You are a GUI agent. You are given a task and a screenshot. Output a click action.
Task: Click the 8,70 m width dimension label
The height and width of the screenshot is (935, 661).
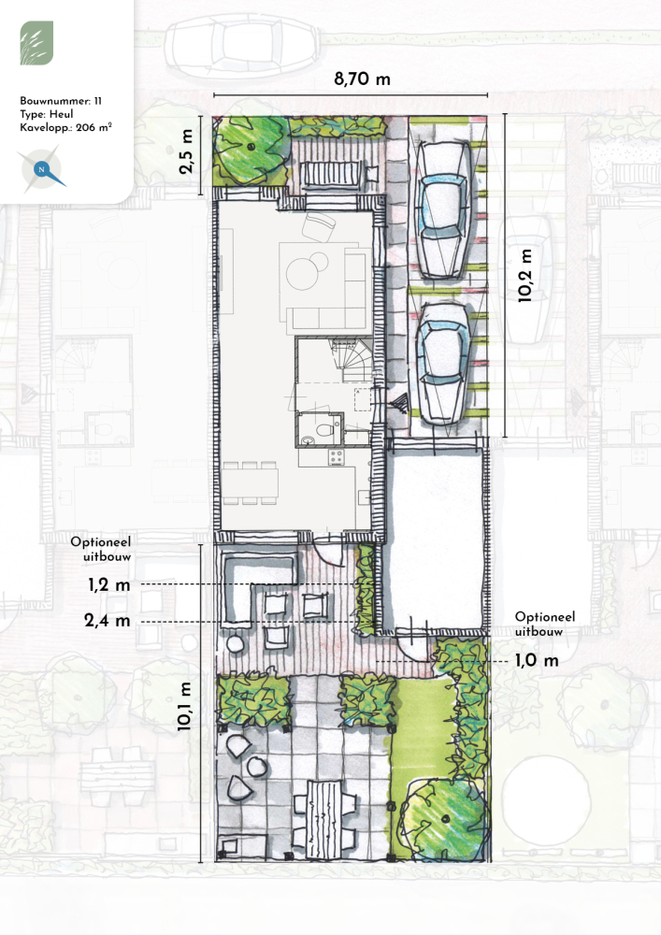click(x=362, y=79)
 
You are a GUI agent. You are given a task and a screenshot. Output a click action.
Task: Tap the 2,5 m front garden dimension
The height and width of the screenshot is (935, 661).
click(x=187, y=151)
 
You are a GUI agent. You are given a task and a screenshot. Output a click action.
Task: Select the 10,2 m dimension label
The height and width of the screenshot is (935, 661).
click(x=524, y=276)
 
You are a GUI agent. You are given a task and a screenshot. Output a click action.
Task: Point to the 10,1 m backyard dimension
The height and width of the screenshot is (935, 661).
click(x=184, y=707)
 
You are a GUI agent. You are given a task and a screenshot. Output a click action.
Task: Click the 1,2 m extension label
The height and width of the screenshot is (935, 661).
click(x=109, y=585)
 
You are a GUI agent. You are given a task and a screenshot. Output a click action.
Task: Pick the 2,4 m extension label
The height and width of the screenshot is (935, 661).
click(x=108, y=621)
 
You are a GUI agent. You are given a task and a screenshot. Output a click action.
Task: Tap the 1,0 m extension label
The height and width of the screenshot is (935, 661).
click(x=537, y=661)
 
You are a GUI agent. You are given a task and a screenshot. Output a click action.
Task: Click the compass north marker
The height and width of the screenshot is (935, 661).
click(x=42, y=170)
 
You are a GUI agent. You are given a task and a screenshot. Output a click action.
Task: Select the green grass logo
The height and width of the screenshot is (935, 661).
click(x=36, y=43)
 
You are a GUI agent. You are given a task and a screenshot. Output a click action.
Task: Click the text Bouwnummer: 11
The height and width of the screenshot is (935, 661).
click(x=61, y=101)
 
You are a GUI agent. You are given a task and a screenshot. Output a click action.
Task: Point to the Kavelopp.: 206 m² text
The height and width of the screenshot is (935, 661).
click(x=65, y=127)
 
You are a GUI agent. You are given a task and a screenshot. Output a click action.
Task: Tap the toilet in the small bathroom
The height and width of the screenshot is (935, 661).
click(x=324, y=429)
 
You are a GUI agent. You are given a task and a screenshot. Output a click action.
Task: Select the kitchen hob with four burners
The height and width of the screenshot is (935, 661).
click(x=337, y=457)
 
